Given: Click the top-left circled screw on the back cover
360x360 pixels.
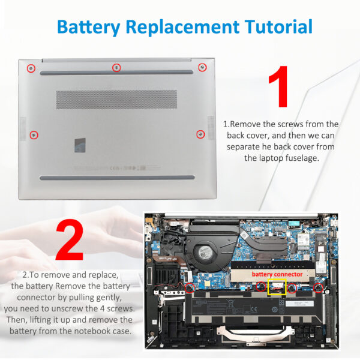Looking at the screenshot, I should tap(31, 68).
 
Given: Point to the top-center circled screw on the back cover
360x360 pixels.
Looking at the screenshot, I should tap(116, 68).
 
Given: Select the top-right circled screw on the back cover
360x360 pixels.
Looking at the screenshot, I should tap(202, 67).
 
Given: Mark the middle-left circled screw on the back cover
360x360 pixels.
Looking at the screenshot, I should tap(35, 134).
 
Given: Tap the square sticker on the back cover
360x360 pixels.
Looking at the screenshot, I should tap(80, 145).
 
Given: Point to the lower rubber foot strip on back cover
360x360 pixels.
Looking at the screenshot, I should tap(117, 178).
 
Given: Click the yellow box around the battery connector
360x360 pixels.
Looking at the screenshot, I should tap(276, 287).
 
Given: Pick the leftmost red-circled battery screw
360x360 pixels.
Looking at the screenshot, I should tap(190, 288).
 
